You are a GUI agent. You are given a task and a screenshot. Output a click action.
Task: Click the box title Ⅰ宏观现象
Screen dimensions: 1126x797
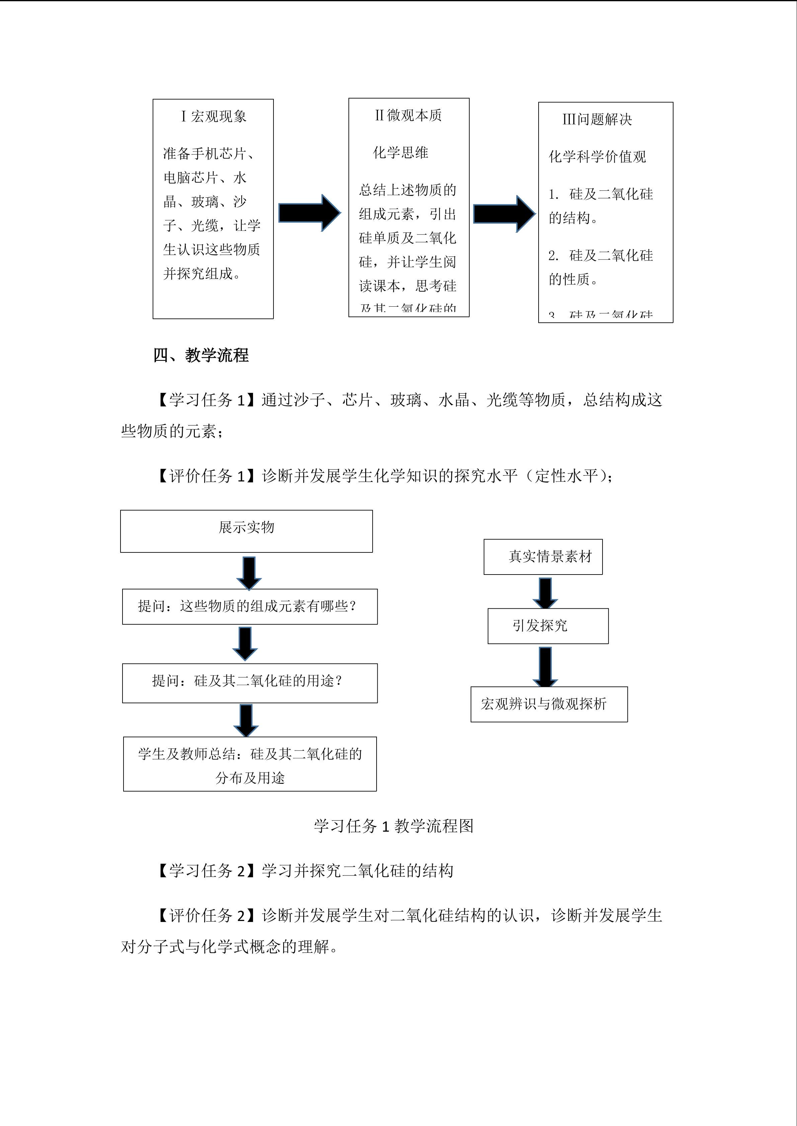214,117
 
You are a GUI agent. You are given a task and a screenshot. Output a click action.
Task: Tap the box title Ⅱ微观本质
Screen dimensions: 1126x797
408,116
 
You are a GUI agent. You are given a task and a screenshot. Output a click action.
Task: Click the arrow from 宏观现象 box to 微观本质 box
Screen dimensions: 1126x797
309,213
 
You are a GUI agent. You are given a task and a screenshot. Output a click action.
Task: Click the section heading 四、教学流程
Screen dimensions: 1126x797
201,355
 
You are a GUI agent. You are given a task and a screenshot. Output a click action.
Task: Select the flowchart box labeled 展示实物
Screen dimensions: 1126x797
246,531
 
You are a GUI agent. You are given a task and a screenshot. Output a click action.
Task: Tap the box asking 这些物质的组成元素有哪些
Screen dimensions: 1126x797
250,607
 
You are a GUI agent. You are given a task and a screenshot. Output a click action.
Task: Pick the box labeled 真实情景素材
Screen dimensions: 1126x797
543,556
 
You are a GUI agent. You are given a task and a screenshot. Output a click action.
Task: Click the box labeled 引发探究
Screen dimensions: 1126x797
548,626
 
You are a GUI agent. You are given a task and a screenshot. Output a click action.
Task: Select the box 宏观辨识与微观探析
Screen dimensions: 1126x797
549,704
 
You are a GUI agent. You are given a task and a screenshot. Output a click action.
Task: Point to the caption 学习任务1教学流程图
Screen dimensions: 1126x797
394,826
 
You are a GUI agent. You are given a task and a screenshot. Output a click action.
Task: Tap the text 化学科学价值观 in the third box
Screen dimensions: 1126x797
597,157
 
